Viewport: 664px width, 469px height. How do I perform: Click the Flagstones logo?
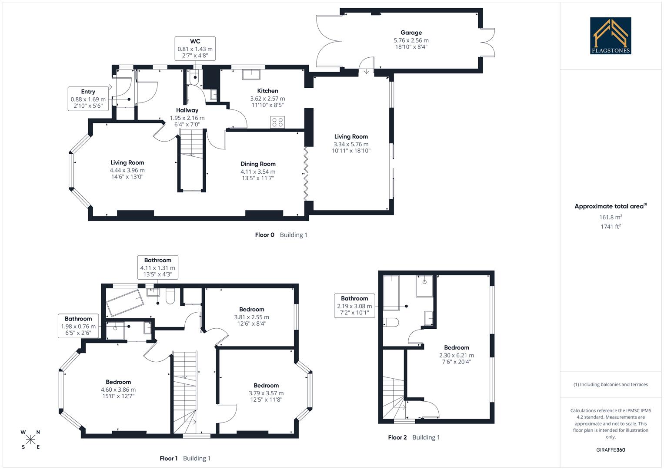pos(611,36)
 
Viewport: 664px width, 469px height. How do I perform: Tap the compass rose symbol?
pos(30,439)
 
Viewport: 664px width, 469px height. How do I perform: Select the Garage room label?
pos(411,33)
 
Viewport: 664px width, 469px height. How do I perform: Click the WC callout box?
pos(195,48)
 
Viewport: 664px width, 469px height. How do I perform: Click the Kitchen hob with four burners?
pos(277,122)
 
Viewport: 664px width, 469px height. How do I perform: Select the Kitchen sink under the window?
pos(251,75)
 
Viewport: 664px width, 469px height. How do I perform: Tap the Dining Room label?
pos(258,164)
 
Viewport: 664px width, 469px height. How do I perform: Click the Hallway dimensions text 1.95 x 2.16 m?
pos(187,118)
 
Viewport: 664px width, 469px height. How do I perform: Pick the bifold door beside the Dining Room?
pos(306,174)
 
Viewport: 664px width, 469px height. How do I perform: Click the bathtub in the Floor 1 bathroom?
pos(125,303)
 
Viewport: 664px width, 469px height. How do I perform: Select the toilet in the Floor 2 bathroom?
pos(391,322)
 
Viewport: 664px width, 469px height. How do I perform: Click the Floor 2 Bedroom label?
pos(457,347)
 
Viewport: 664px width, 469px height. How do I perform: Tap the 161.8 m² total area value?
pos(611,217)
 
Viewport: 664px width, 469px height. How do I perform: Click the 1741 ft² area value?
pos(611,226)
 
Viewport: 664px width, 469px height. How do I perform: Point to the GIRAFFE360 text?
pos(611,450)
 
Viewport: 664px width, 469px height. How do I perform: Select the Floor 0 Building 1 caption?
pos(281,235)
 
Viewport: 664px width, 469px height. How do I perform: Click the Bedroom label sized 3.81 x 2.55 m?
pos(252,309)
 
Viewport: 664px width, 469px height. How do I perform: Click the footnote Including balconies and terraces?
pos(611,384)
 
